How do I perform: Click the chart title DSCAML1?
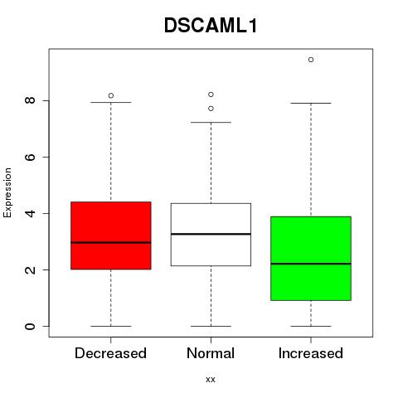[x=211, y=26]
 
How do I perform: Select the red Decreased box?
[x=111, y=235]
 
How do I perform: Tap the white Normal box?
[x=211, y=235]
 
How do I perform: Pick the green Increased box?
[x=311, y=259]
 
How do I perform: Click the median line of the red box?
[x=111, y=243]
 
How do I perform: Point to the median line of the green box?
[x=311, y=264]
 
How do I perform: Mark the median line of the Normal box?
[x=211, y=234]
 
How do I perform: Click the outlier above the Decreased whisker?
[x=111, y=95]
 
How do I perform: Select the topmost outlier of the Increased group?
[x=311, y=60]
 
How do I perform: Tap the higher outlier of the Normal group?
[x=211, y=95]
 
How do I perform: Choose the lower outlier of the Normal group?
[x=211, y=109]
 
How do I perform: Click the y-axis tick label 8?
[x=30, y=100]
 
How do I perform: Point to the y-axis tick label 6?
[x=30, y=157]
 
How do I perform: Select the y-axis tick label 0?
[x=30, y=326]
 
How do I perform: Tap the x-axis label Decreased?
[x=110, y=353]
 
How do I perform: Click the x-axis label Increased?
[x=311, y=353]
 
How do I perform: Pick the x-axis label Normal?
[x=211, y=353]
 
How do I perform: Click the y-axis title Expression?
[x=7, y=192]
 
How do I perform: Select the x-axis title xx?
[x=211, y=380]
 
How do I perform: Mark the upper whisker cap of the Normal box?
[x=211, y=122]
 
